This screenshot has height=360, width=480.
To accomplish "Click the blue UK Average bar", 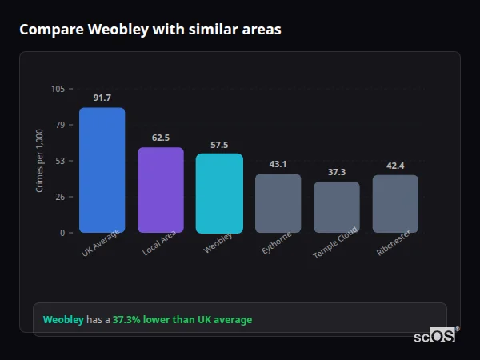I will [102, 170].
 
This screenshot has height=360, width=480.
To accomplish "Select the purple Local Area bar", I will [161, 190].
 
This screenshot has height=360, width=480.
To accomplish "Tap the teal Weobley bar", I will [219, 194].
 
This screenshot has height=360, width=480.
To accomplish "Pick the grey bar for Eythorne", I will [278, 203].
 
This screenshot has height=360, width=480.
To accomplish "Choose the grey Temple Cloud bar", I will [337, 207].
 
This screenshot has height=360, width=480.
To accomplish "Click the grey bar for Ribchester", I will [395, 204].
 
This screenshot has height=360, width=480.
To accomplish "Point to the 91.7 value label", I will [102, 98].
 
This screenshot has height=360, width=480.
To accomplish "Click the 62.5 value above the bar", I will [161, 138].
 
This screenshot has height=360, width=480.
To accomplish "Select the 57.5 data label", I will [219, 145].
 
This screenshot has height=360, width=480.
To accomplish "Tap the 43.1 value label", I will [278, 164].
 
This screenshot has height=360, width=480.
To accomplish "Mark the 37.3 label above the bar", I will [337, 172].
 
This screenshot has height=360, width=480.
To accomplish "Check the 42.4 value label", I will [395, 166].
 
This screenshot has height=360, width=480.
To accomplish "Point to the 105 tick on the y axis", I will [58, 89].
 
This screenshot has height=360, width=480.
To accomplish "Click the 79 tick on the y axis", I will [60, 125].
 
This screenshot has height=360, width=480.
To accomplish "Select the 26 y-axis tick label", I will [60, 197].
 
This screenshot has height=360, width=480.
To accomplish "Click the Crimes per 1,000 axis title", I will [40, 160].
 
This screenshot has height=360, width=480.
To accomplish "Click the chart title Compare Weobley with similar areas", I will [150, 30].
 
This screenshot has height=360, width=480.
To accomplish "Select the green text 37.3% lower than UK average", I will [182, 320].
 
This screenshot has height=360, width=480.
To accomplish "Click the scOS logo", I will [435, 336].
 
